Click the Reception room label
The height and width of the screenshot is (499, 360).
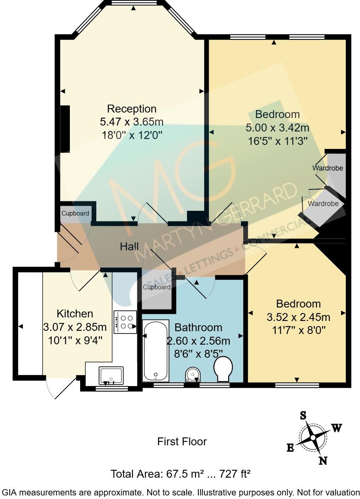[x=132, y=109]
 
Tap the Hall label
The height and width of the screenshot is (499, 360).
[x=129, y=247]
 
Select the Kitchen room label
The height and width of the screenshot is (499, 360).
[x=75, y=313]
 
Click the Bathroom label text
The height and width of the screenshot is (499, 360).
[x=198, y=327]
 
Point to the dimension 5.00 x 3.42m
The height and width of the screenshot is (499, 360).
[x=277, y=128]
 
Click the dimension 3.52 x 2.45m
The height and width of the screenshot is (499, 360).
[x=298, y=317]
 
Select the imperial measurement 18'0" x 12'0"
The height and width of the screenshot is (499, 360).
[x=132, y=135]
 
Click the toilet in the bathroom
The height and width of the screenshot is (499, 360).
[x=223, y=369]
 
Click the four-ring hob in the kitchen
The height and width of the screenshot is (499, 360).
[x=125, y=322]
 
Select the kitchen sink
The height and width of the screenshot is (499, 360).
[x=111, y=375]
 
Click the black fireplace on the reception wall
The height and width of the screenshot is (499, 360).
[x=65, y=128]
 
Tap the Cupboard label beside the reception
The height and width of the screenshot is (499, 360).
[x=75, y=213]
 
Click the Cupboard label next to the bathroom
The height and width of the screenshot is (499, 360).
[x=157, y=287]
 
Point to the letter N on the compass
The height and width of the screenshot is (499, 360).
[x=323, y=460]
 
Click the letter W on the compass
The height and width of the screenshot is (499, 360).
[x=336, y=428]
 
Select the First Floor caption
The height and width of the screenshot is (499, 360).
[x=182, y=441]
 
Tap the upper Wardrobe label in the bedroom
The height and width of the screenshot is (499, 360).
[x=328, y=168]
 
